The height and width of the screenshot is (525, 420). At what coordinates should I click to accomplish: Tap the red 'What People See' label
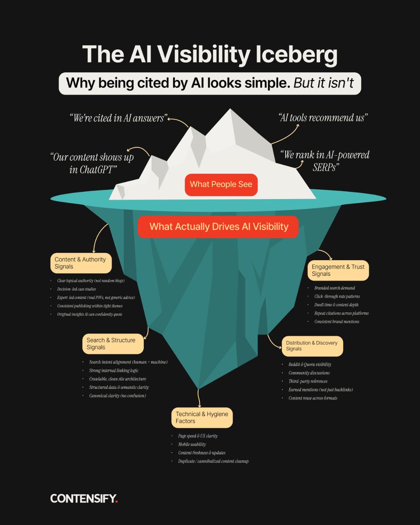[221, 184]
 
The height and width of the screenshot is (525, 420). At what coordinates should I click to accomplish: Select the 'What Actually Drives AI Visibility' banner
[219, 227]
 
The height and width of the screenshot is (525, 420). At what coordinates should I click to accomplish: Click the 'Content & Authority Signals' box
[80, 263]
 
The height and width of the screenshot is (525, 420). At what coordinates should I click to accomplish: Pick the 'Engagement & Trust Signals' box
[338, 270]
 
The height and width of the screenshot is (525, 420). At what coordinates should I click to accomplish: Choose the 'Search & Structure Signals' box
[113, 343]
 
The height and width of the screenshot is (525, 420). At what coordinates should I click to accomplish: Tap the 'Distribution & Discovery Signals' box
[311, 346]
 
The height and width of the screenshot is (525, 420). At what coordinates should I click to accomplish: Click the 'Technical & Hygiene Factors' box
[202, 417]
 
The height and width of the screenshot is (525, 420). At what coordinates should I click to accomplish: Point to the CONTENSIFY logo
[84, 498]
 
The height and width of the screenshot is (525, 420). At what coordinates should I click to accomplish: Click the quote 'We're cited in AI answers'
[118, 118]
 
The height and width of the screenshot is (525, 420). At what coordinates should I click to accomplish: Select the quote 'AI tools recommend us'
[323, 117]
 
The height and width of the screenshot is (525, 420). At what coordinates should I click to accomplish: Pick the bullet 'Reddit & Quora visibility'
[310, 364]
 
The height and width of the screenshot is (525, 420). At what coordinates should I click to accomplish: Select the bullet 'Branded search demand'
[334, 288]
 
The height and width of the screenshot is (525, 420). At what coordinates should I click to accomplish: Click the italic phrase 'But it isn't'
[323, 83]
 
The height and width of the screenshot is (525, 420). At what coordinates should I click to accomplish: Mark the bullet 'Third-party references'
[308, 381]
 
